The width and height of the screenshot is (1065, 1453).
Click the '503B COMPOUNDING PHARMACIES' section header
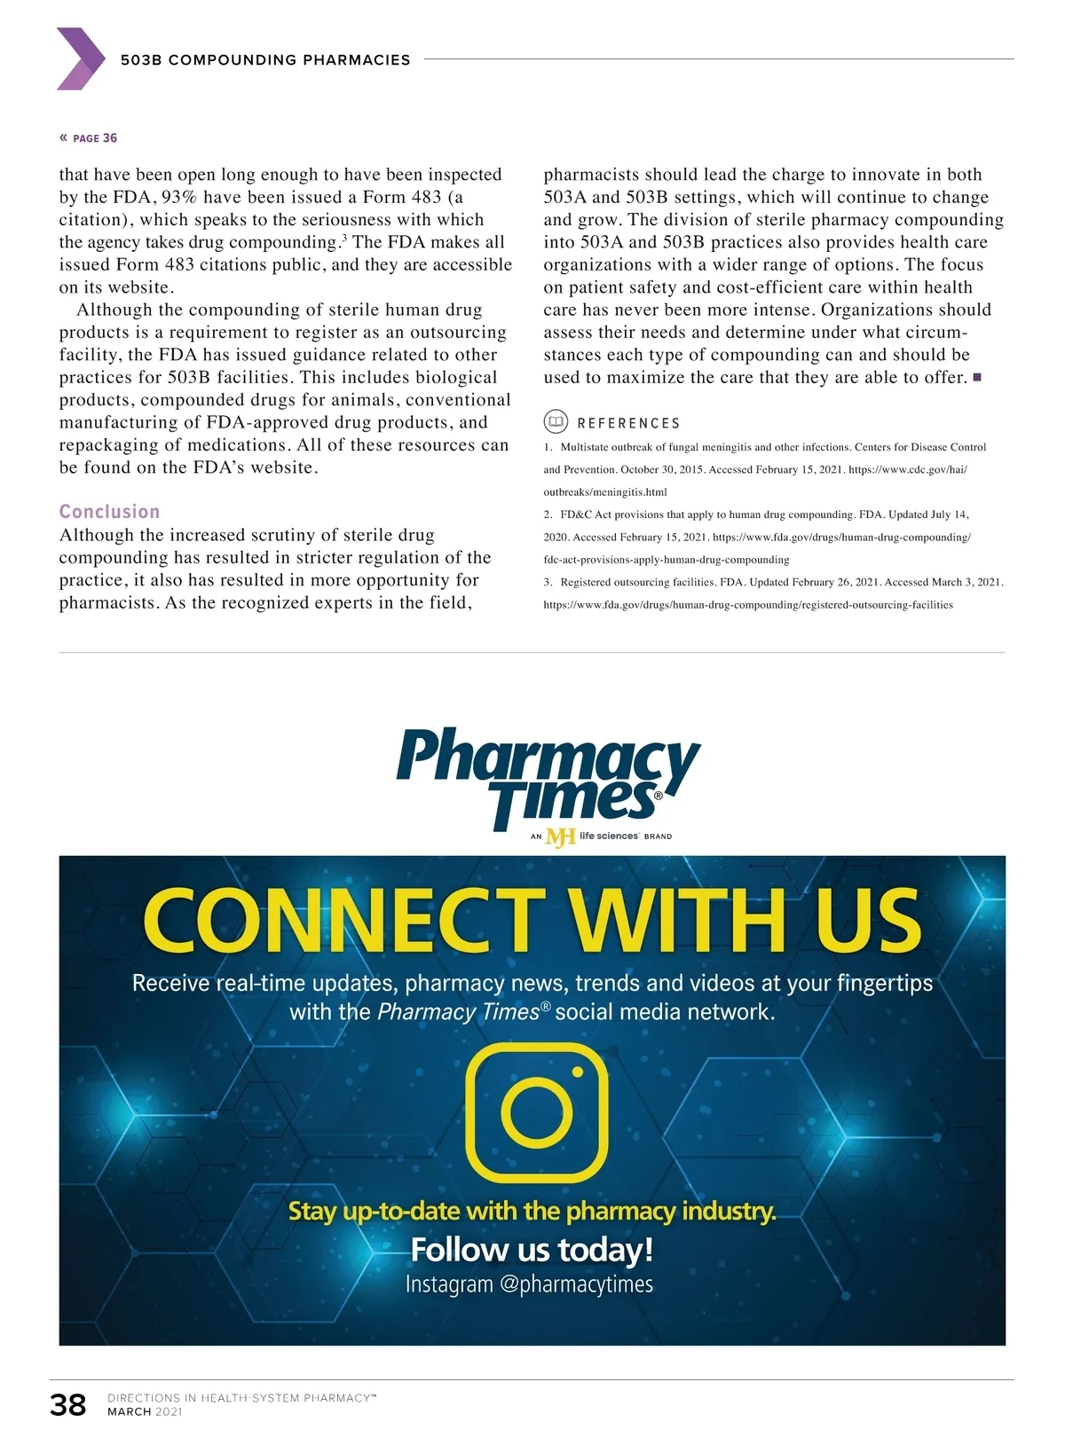pos(265,60)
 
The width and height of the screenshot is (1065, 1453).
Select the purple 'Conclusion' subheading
pos(109,512)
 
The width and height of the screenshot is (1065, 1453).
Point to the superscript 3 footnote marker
pos(343,237)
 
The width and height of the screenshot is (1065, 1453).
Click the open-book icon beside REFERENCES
pos(556,422)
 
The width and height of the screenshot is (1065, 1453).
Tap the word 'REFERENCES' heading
pos(628,423)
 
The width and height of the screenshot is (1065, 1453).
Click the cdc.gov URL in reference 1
pos(907,469)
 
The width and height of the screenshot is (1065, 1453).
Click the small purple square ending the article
pos(977,377)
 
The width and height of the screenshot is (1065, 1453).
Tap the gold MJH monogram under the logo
pos(560,836)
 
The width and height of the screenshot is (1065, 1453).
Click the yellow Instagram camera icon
pos(537,1112)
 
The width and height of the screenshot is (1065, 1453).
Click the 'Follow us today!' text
pos(532,1249)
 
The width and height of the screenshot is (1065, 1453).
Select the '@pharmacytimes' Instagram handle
pos(576,1284)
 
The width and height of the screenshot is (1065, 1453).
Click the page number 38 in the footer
pos(68,1404)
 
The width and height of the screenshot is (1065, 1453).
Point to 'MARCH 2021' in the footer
pos(145,1411)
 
